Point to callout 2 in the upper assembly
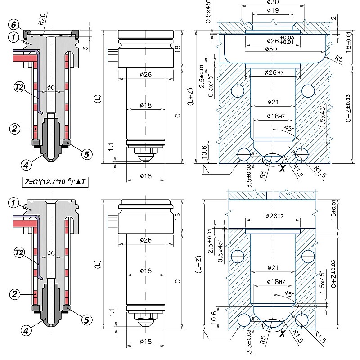pos(15,129)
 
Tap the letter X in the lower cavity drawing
pos(283,334)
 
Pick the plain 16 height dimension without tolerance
pos(177,215)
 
